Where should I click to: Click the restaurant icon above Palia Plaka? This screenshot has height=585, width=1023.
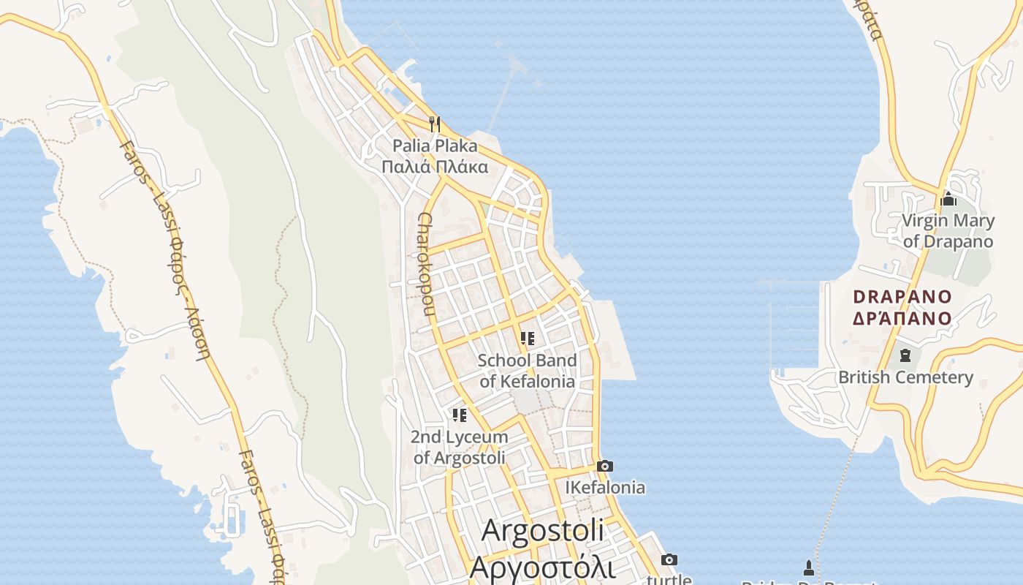point(435,124)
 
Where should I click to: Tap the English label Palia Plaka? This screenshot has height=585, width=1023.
point(435,146)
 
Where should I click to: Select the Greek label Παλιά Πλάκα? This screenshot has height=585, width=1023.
point(435,167)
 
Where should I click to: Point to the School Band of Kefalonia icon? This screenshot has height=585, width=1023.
point(528,339)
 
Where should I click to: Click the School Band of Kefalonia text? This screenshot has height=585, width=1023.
point(527,371)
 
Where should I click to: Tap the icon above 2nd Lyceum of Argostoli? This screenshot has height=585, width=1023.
point(460,415)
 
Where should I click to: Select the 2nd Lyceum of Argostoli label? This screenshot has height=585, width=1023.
point(460,448)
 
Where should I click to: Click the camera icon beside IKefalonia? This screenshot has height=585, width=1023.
point(604,467)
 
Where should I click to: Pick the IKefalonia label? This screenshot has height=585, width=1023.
point(605,487)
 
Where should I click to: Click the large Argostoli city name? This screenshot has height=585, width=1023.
point(542,530)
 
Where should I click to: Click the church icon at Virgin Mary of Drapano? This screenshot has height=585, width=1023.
point(948,199)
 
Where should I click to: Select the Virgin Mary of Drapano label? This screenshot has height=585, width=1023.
point(948,231)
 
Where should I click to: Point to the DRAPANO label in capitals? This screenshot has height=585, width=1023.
point(903,297)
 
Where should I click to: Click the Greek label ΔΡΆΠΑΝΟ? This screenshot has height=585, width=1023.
point(903,318)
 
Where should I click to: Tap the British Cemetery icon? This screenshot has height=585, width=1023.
point(905,356)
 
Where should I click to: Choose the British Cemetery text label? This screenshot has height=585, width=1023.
point(905,377)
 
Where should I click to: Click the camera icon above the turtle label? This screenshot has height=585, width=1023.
point(669,560)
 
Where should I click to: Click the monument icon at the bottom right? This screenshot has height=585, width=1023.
point(808,567)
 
